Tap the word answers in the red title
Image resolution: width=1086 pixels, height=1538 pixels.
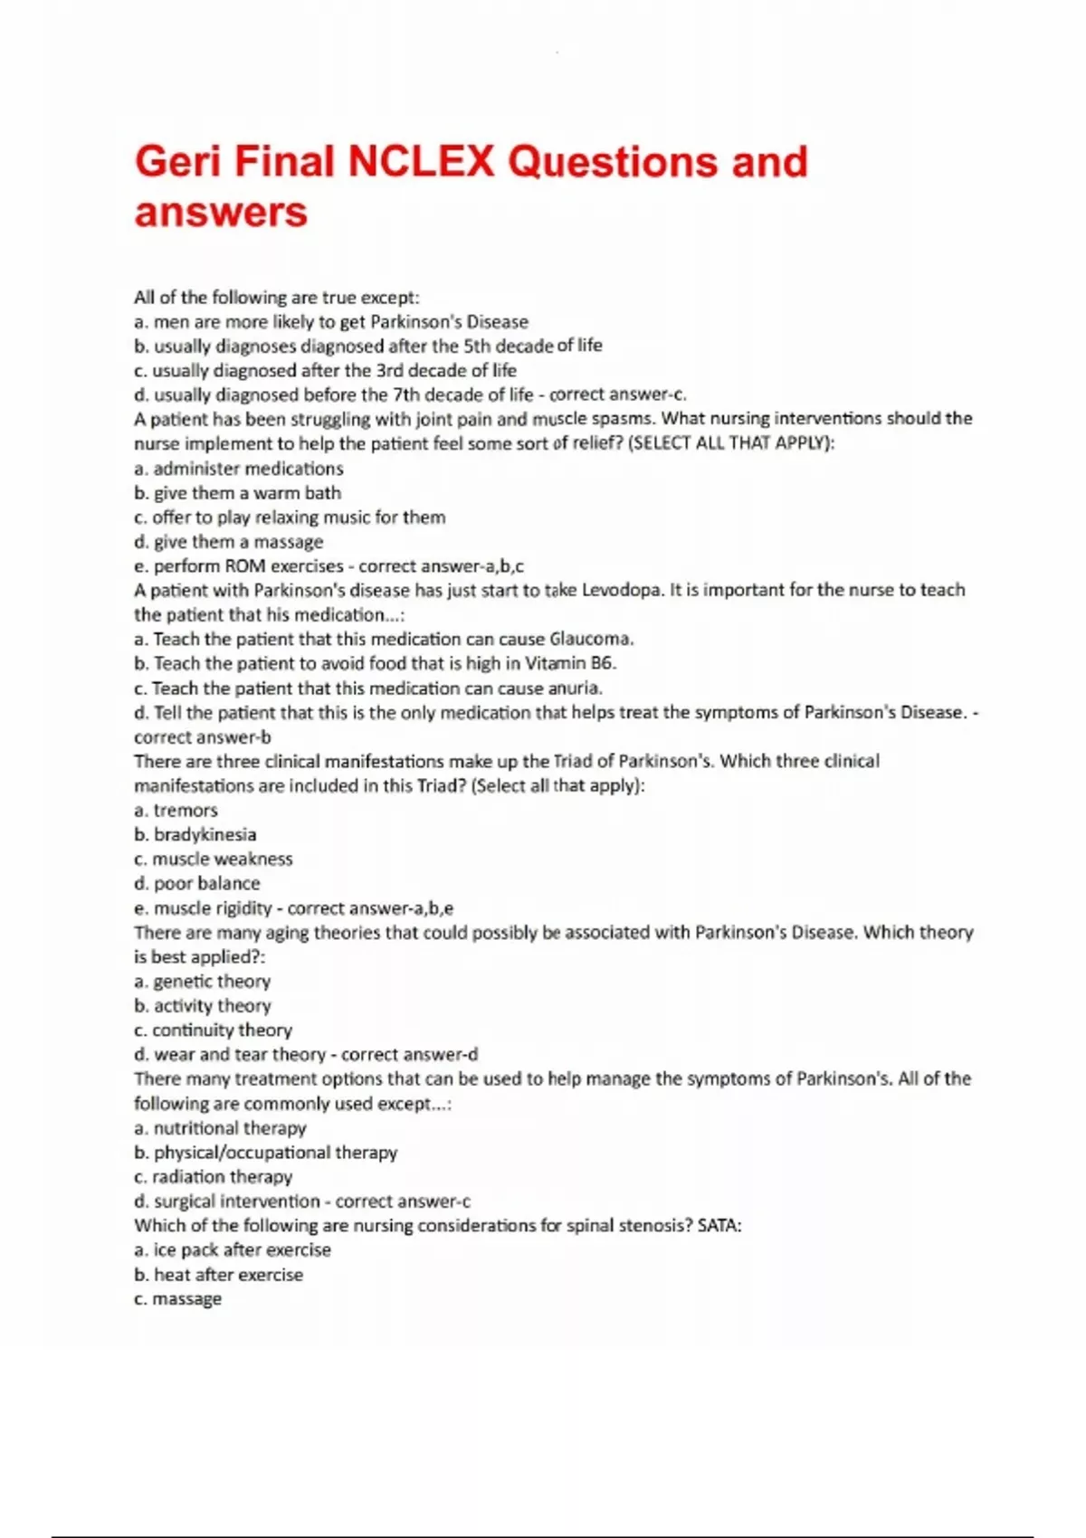tap(221, 213)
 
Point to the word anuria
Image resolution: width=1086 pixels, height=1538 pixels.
tap(575, 688)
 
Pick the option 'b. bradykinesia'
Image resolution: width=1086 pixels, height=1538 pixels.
tap(195, 834)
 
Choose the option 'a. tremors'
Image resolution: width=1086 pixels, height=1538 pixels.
tap(176, 810)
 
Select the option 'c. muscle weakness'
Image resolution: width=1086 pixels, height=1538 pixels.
tap(214, 859)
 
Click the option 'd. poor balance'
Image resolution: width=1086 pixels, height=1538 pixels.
tap(197, 883)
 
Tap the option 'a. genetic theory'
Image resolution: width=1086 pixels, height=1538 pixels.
tap(202, 981)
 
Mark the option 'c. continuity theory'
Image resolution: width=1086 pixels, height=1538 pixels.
tap(213, 1030)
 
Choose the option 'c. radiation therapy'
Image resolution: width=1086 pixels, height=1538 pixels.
tap(214, 1176)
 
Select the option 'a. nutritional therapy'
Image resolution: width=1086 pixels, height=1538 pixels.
tap(220, 1127)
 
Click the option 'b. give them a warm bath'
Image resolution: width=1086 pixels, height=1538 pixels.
tap(238, 493)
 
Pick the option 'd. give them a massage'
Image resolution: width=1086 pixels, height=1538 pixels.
tap(229, 542)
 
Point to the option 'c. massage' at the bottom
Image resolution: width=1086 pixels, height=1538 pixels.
tap(178, 1298)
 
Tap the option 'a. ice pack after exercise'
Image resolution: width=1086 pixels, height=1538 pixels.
tap(233, 1249)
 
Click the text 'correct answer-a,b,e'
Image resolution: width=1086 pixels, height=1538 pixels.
tap(371, 908)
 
